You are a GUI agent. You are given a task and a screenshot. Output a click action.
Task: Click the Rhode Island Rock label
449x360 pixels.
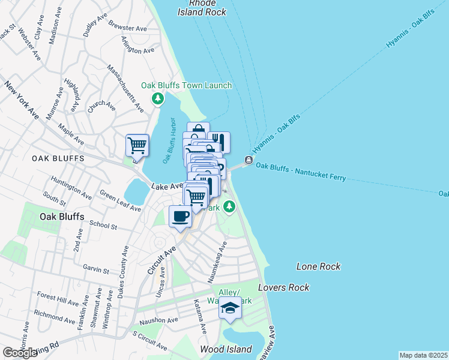tap(202, 7)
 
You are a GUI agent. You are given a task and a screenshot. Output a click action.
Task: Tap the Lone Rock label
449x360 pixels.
tap(318, 266)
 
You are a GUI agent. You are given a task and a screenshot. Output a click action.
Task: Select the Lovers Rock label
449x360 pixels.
tap(284, 287)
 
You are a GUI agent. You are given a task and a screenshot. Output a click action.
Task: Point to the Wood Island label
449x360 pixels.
tap(226, 349)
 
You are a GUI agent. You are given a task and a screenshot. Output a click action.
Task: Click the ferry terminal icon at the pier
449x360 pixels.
tap(248, 160)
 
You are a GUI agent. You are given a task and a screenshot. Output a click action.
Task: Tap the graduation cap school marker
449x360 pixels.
tap(229, 308)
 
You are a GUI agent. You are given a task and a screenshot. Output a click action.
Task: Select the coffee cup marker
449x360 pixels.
tap(181, 217)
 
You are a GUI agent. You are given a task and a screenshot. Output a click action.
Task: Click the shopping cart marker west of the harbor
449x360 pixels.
tap(137, 145)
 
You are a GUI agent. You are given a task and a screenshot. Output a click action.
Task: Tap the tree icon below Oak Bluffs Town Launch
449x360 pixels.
tap(157, 98)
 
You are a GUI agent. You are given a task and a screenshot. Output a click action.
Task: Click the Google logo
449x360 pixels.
tap(20, 353)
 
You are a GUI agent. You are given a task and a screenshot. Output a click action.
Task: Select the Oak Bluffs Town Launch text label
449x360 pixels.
tap(186, 85)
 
